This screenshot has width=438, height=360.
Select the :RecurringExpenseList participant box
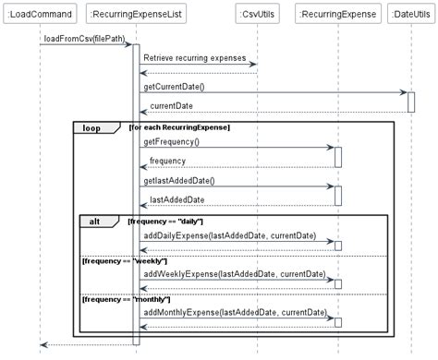136,15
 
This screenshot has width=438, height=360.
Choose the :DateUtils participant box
411,15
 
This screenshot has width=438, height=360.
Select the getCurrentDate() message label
174,87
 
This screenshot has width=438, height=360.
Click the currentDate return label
171,106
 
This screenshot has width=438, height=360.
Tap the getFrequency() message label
171,141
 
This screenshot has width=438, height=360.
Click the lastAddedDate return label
177,199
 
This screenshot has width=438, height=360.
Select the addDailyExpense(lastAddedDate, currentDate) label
235,235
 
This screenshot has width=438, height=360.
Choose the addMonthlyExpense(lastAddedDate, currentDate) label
237,312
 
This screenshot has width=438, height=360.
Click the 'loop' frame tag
92,126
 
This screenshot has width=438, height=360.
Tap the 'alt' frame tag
96,221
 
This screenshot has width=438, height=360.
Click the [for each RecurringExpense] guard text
180,126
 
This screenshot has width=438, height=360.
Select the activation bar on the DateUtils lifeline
411,102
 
